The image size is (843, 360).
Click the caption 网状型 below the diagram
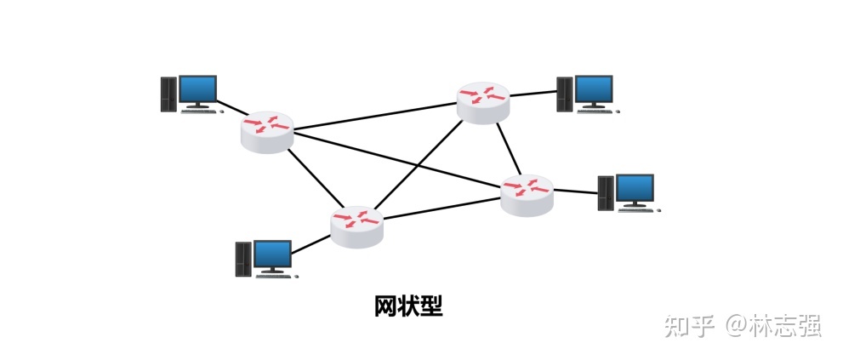coord(408,306)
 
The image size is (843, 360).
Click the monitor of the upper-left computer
coord(197,89)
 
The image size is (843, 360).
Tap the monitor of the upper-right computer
coord(594,89)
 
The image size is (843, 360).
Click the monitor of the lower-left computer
coord(272,254)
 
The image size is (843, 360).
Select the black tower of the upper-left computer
coord(168,94)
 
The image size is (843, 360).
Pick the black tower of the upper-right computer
coord(564,94)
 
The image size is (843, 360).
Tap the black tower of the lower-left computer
coord(243,259)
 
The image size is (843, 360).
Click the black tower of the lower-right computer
coord(605,193)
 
